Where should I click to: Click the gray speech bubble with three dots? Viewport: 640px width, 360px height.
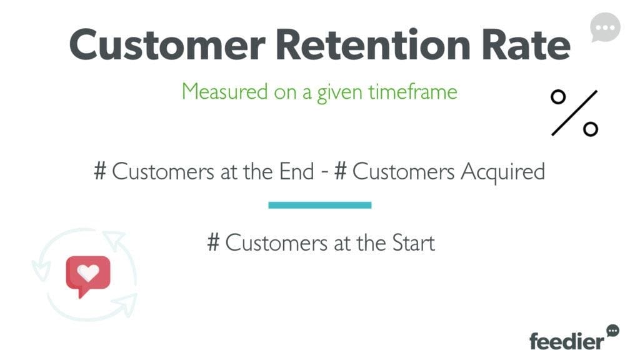coord(605,28)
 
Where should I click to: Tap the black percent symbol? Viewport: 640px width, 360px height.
coord(574,113)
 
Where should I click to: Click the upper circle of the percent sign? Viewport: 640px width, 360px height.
coord(558,97)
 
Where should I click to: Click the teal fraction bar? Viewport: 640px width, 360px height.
coord(319,205)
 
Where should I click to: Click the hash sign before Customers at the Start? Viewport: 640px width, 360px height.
coord(214,242)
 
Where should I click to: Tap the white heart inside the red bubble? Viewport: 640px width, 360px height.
coord(88,273)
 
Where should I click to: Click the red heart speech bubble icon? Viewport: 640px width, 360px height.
coord(87,276)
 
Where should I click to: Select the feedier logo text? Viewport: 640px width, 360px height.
coord(566,341)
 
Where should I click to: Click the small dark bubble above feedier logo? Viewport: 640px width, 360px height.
coord(612,329)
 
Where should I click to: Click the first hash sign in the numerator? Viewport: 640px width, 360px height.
coord(101,172)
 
